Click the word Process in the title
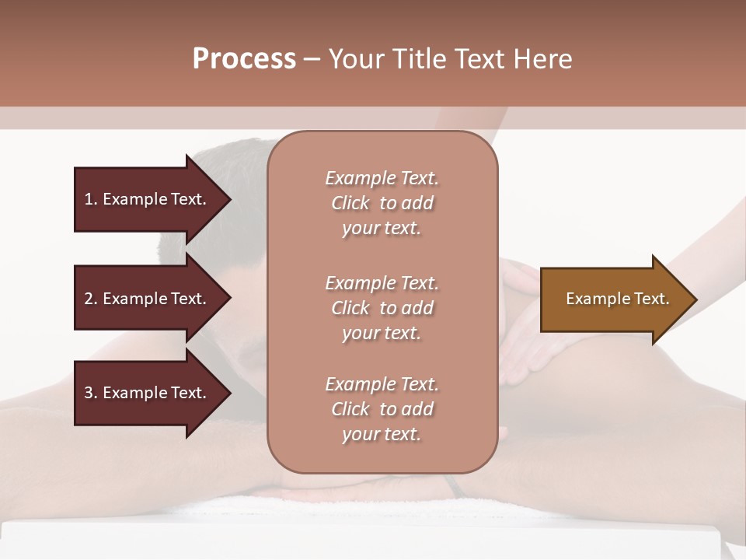point(244,59)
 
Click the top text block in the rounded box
point(382,203)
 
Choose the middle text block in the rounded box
point(382,308)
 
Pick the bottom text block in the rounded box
point(382,409)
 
